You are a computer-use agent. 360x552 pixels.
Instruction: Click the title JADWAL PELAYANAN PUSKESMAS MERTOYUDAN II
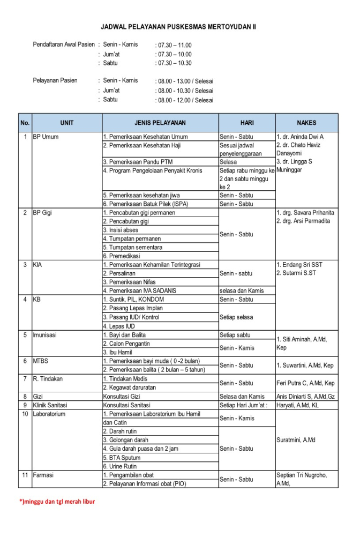coord(178,26)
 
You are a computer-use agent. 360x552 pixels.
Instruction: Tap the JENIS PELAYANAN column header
coord(160,123)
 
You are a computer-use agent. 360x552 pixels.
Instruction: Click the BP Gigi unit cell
coord(43,213)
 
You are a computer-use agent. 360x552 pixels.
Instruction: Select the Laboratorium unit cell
coord(49,414)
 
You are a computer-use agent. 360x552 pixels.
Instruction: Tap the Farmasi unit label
coord(43,475)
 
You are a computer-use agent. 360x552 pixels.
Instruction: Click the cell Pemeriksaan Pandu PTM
coord(138,161)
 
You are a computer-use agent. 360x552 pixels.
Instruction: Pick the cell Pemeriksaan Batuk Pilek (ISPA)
coord(146,204)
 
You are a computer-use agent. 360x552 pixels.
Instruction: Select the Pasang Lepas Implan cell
coord(133,308)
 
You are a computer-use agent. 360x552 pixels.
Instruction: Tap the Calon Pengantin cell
coord(127,344)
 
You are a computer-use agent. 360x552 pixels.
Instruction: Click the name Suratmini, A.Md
coord(296,440)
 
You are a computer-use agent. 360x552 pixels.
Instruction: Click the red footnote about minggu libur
coord(57,502)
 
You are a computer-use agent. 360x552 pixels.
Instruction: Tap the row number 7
coord(25,379)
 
